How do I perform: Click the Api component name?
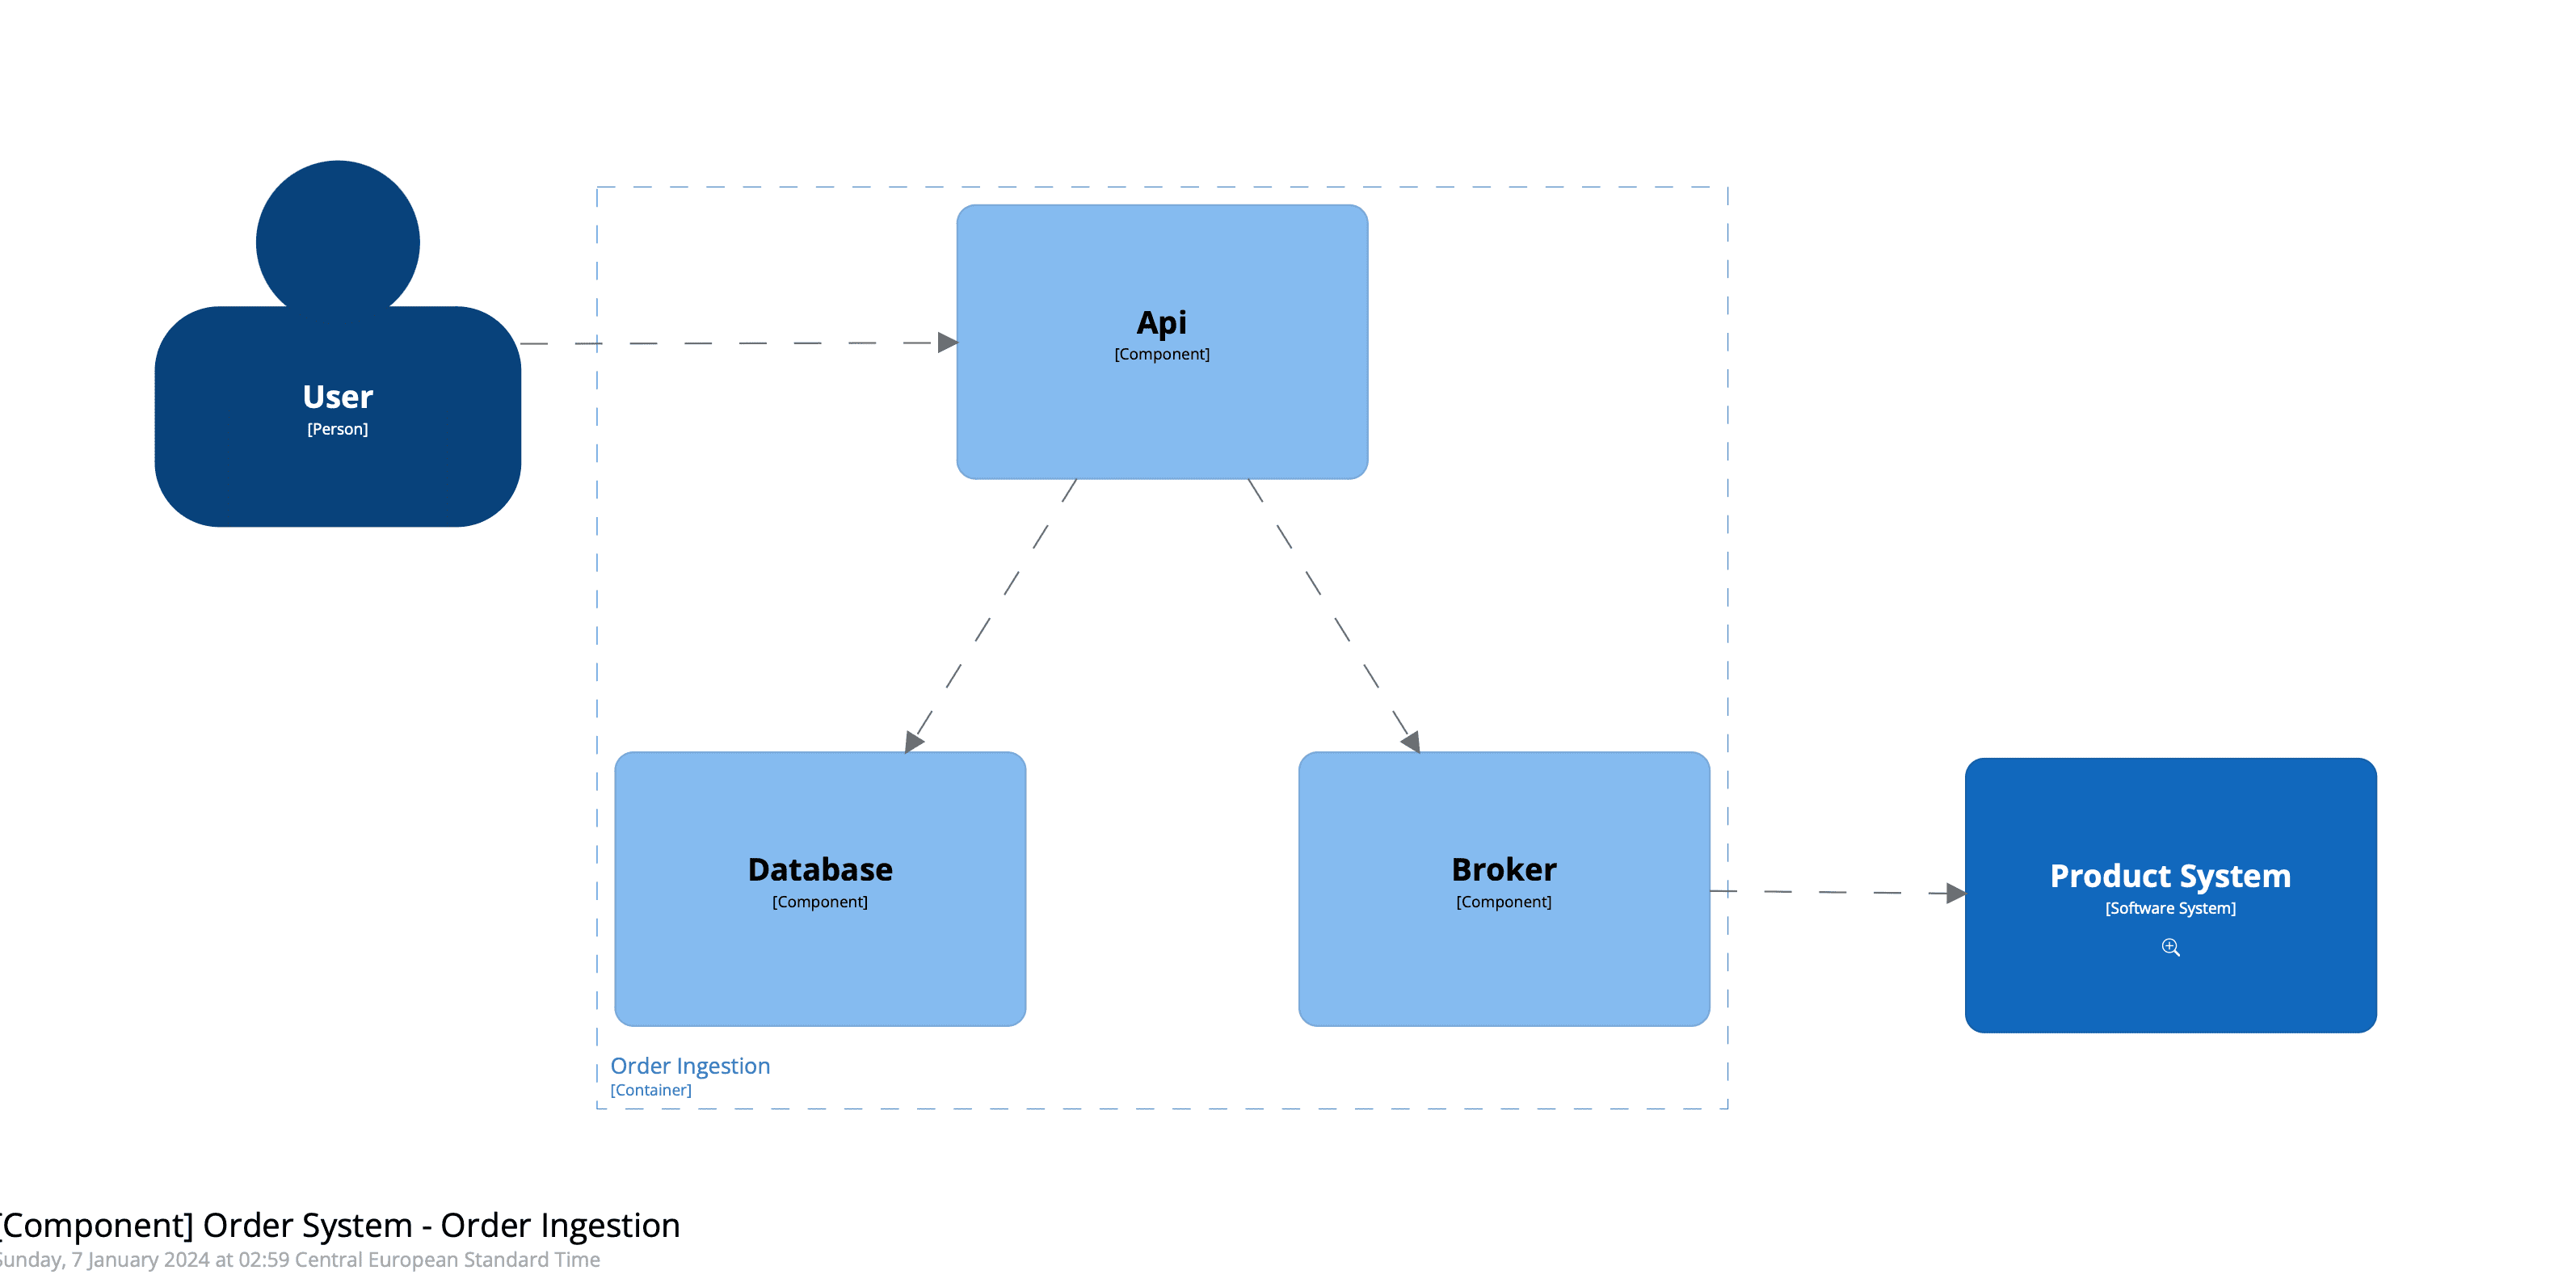click(x=1161, y=322)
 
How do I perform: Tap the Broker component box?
click(x=1503, y=961)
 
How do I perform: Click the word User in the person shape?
click(x=338, y=397)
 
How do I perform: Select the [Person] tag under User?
click(x=338, y=429)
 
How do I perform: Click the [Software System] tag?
click(x=2170, y=908)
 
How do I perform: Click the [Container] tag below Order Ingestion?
click(x=650, y=1090)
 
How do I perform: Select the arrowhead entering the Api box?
click(x=947, y=343)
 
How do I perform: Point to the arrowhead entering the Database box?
click(x=914, y=742)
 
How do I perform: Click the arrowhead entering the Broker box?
click(x=1411, y=741)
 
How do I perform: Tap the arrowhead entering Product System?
click(x=1955, y=893)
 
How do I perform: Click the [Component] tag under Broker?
click(x=1503, y=902)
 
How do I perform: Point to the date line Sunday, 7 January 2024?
click(x=297, y=1260)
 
